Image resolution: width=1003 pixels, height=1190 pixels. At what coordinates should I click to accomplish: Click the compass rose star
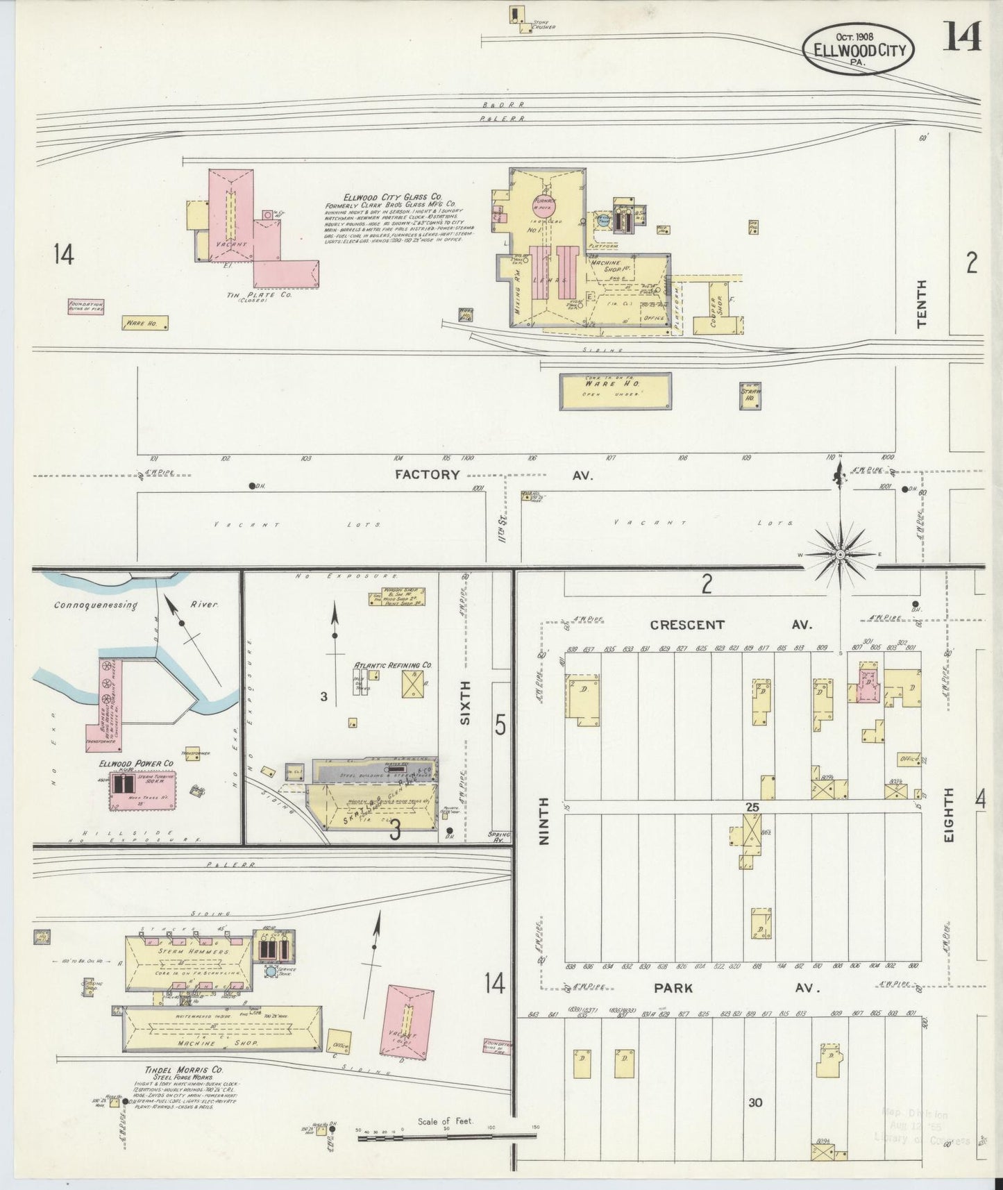pos(840,555)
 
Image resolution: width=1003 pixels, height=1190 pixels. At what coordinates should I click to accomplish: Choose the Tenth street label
pos(922,303)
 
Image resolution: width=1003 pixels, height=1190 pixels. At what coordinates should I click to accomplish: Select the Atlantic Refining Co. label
pos(393,665)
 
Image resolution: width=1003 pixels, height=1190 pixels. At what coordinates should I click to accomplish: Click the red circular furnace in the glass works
pos(545,205)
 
